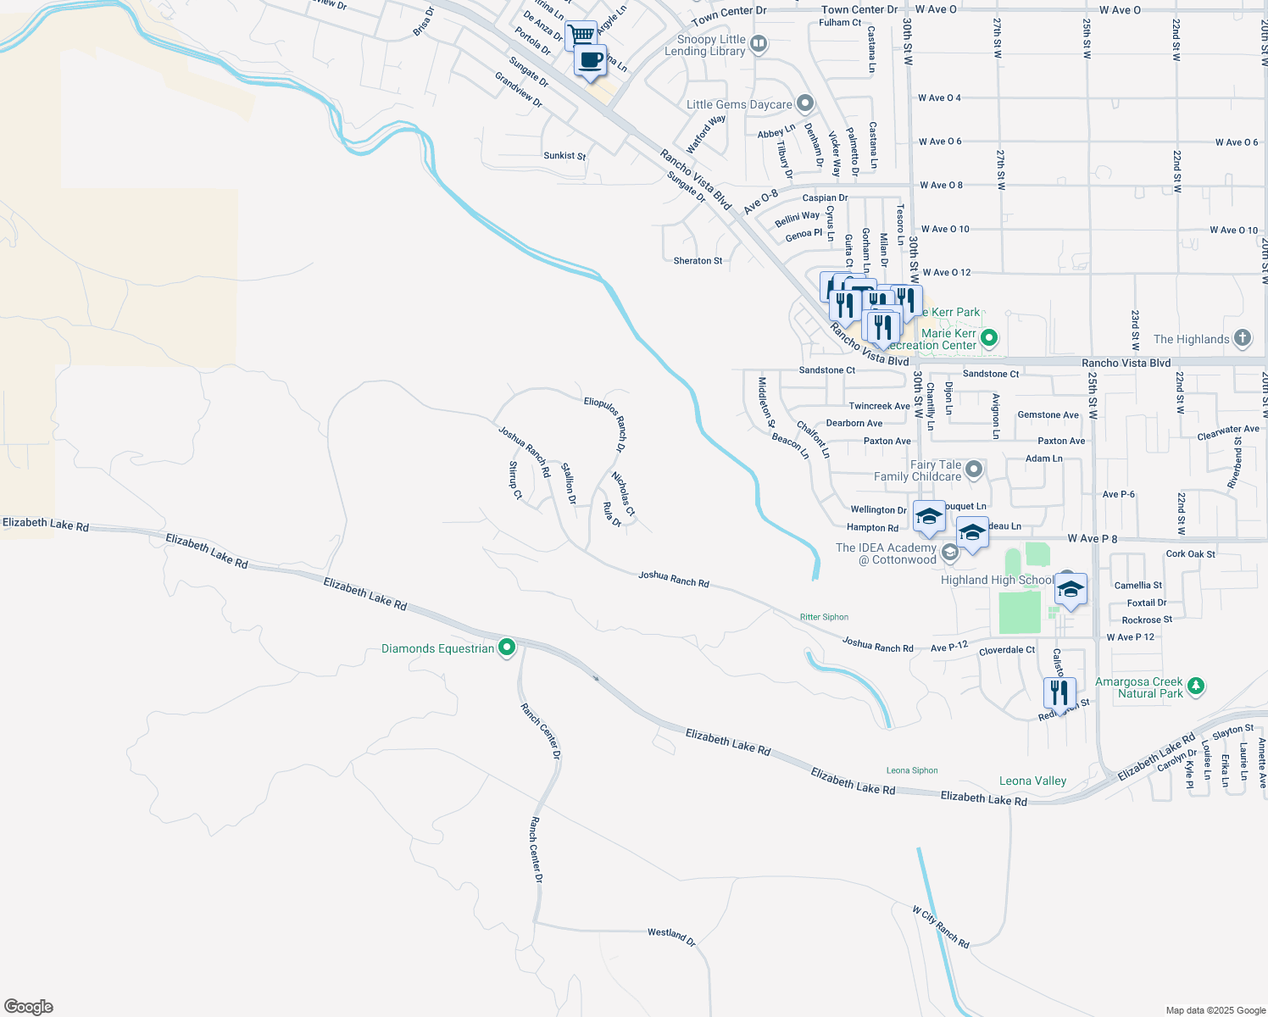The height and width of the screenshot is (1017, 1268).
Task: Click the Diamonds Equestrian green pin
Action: pyautogui.click(x=507, y=648)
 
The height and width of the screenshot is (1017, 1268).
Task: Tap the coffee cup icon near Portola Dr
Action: pyautogui.click(x=590, y=61)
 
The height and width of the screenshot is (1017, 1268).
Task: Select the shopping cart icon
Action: pyautogui.click(x=581, y=36)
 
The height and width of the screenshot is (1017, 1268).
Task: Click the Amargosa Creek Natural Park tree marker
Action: pyautogui.click(x=1196, y=686)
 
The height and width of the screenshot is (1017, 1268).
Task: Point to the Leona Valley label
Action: pyautogui.click(x=1032, y=781)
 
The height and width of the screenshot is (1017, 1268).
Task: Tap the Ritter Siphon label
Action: pyautogui.click(x=824, y=617)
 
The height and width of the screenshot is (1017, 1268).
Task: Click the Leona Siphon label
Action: pyautogui.click(x=912, y=770)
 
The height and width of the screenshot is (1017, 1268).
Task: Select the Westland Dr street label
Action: pyautogui.click(x=671, y=936)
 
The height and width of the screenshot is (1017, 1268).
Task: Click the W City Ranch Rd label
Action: pyautogui.click(x=941, y=927)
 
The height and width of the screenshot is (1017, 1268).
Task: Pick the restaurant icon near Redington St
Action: pyautogui.click(x=1059, y=692)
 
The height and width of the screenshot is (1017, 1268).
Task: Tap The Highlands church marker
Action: pyautogui.click(x=1243, y=338)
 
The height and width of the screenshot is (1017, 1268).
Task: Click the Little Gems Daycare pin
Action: pyautogui.click(x=805, y=104)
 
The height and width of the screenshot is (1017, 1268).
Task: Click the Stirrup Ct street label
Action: pyautogui.click(x=515, y=480)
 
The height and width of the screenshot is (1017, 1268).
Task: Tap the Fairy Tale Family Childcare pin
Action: pyautogui.click(x=974, y=469)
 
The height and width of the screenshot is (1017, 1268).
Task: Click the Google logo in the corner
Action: pyautogui.click(x=29, y=1007)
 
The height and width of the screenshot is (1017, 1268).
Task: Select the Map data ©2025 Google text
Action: pyautogui.click(x=1215, y=1010)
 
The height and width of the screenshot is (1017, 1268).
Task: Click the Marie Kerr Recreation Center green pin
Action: pyautogui.click(x=989, y=339)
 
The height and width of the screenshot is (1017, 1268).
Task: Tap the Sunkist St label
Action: pyautogui.click(x=564, y=156)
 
